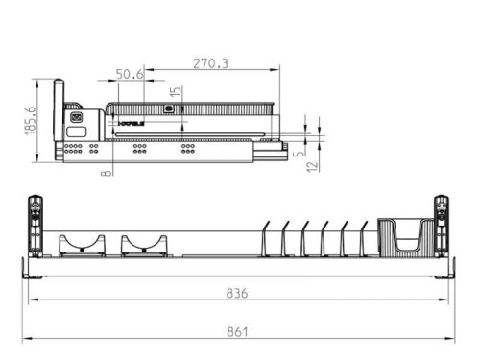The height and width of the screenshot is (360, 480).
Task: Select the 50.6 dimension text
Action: (130, 74)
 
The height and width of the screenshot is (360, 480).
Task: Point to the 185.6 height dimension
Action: (31, 119)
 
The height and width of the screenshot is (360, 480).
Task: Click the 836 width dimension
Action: (235, 294)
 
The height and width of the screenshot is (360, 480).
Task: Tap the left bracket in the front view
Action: (36, 225)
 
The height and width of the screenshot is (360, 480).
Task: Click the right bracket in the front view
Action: (442, 225)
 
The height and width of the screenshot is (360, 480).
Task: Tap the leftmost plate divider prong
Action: (264, 240)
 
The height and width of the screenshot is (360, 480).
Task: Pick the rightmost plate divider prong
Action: (365, 240)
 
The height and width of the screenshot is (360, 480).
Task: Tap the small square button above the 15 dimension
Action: (170, 109)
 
